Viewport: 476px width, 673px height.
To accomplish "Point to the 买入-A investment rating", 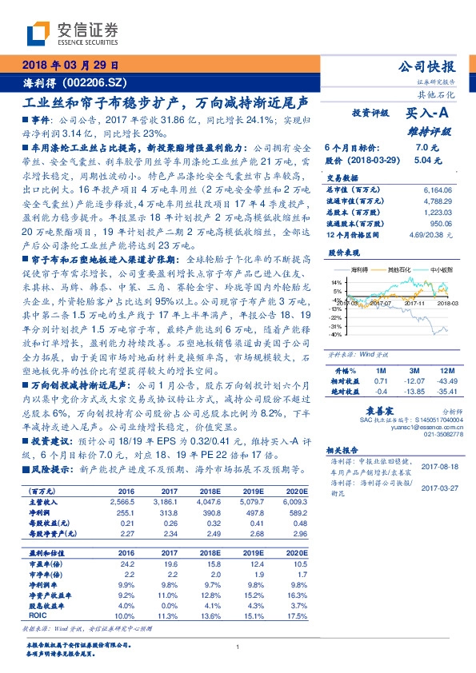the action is [427, 113].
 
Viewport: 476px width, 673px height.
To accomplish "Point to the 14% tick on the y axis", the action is [337, 282].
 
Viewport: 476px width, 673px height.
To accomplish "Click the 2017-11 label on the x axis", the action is [414, 303].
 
